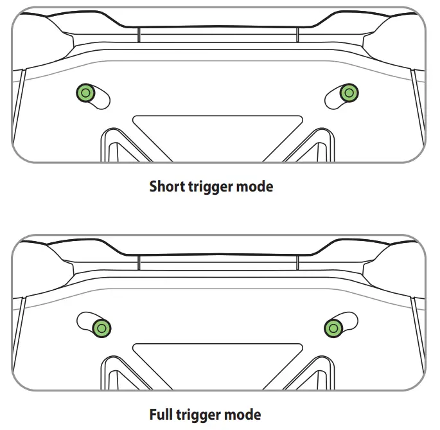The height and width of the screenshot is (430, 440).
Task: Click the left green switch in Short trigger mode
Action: point(85,93)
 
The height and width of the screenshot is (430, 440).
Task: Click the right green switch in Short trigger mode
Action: point(349,93)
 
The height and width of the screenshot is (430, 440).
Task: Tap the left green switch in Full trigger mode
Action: point(101,328)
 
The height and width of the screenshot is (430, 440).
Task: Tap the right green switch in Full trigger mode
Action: point(333,328)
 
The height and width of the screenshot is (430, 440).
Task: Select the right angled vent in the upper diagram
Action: point(313,145)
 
